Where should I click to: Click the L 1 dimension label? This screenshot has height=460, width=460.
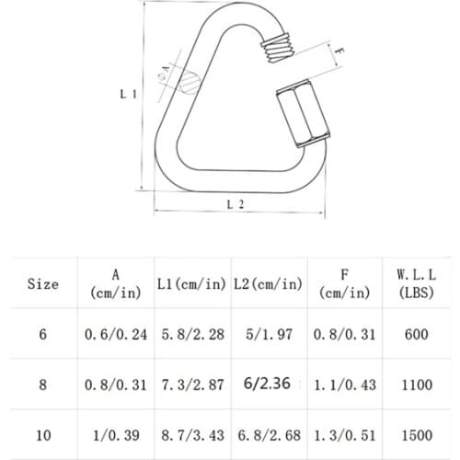tap(129, 94)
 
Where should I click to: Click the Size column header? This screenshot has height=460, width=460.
tap(42, 284)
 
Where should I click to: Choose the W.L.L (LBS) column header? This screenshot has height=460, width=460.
tap(416, 283)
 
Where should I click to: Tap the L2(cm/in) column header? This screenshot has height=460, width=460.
tap(267, 284)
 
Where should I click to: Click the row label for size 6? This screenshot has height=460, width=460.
tap(42, 335)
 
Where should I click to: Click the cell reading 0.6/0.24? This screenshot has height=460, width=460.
tap(115, 335)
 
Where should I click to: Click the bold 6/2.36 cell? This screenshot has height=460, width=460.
tap(267, 384)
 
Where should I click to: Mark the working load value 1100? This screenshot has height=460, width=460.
tap(416, 385)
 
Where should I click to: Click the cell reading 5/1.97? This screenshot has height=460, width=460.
tap(267, 335)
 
